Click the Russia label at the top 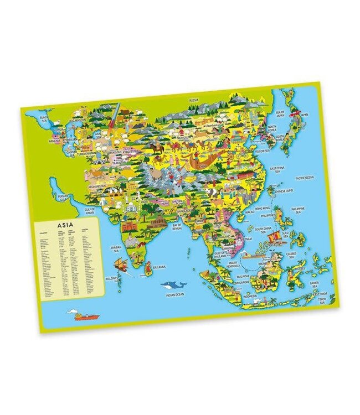(x=193, y=99)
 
